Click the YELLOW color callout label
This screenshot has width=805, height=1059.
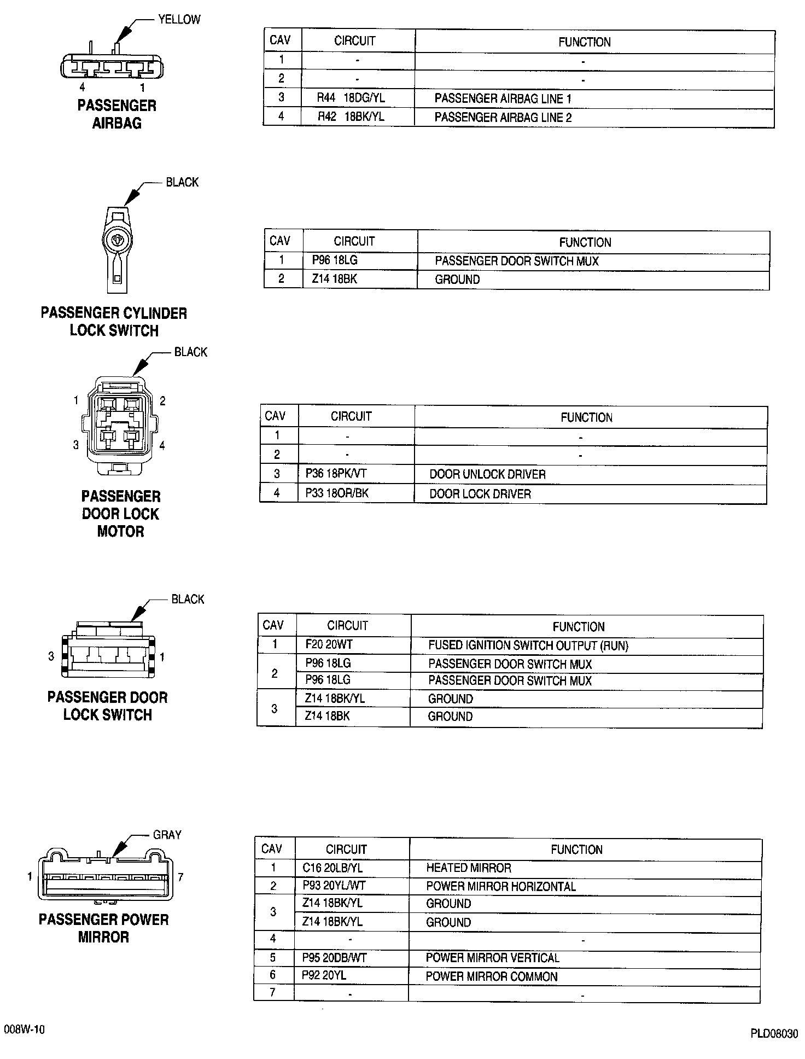179,20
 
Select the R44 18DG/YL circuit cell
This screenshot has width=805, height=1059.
351,98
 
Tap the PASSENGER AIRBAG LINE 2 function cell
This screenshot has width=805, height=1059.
503,118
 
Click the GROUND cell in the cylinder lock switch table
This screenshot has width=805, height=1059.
457,280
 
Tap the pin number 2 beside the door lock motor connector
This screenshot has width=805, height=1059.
162,401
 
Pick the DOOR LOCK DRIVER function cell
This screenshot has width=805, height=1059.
480,494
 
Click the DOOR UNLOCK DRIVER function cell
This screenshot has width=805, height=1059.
487,474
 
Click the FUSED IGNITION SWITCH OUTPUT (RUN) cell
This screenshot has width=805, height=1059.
528,645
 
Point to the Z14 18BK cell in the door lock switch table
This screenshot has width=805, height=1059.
327,716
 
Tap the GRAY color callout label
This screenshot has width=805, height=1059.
167,835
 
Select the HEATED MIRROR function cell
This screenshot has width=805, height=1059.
468,868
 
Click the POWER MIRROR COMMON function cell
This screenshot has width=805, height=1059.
491,976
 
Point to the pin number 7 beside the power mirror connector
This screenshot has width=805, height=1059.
180,877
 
